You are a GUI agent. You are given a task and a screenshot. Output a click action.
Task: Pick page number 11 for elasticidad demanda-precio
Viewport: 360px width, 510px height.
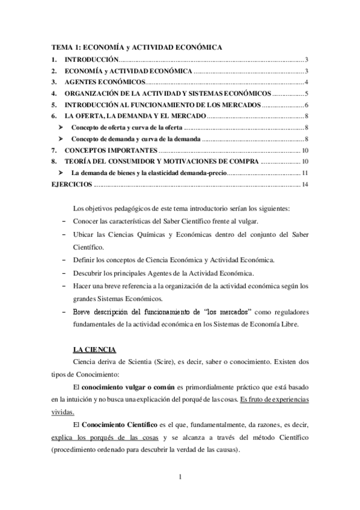pyautogui.click(x=305, y=173)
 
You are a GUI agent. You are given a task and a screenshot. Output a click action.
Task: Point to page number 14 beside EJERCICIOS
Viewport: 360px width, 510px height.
pyautogui.click(x=305, y=184)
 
